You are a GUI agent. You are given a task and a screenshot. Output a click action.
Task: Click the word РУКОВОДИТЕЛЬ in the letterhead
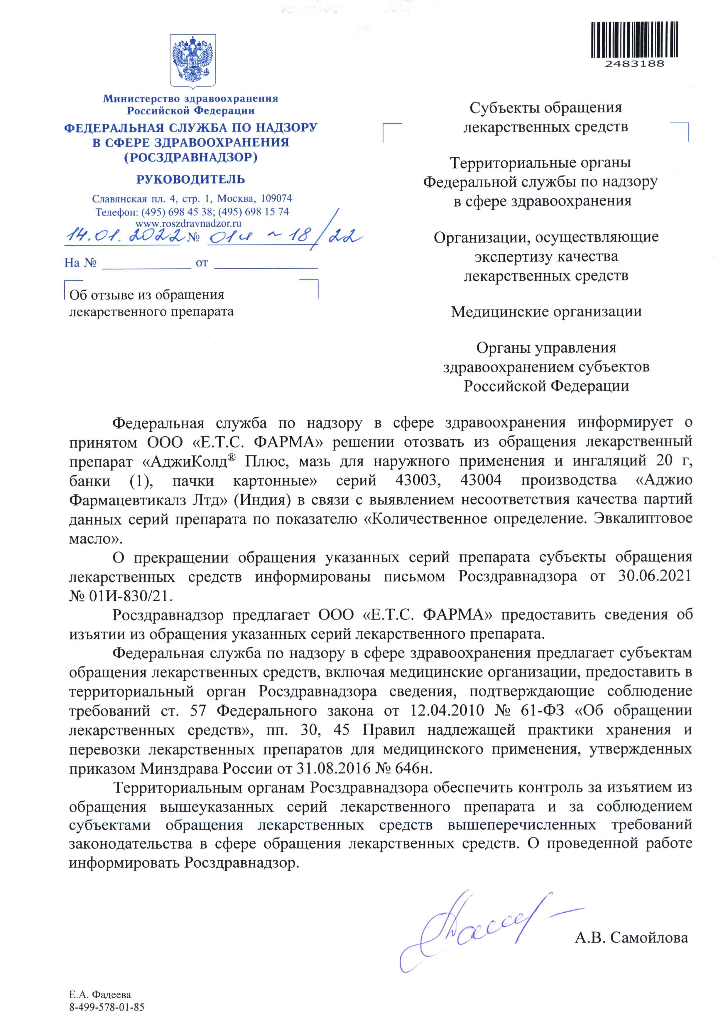tap(191, 179)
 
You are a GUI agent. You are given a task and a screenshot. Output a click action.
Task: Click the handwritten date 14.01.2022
tap(122, 235)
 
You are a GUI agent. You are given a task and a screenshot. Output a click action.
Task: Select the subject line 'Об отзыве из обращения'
tap(147, 295)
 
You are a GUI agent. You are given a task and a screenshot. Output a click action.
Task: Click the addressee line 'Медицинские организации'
tap(546, 311)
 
